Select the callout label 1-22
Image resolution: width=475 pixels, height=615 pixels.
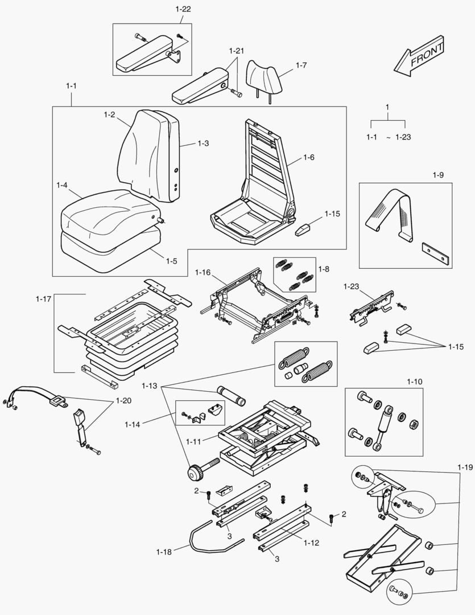point(183,9)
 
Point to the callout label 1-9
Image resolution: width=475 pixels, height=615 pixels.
point(437,175)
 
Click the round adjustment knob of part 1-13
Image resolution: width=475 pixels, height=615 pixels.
point(195,472)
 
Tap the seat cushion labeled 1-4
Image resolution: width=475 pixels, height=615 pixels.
point(108,211)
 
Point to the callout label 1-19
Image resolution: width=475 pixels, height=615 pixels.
point(465,468)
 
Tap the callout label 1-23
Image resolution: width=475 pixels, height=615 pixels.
point(352,286)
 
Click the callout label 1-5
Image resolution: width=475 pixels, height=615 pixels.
point(171,261)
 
